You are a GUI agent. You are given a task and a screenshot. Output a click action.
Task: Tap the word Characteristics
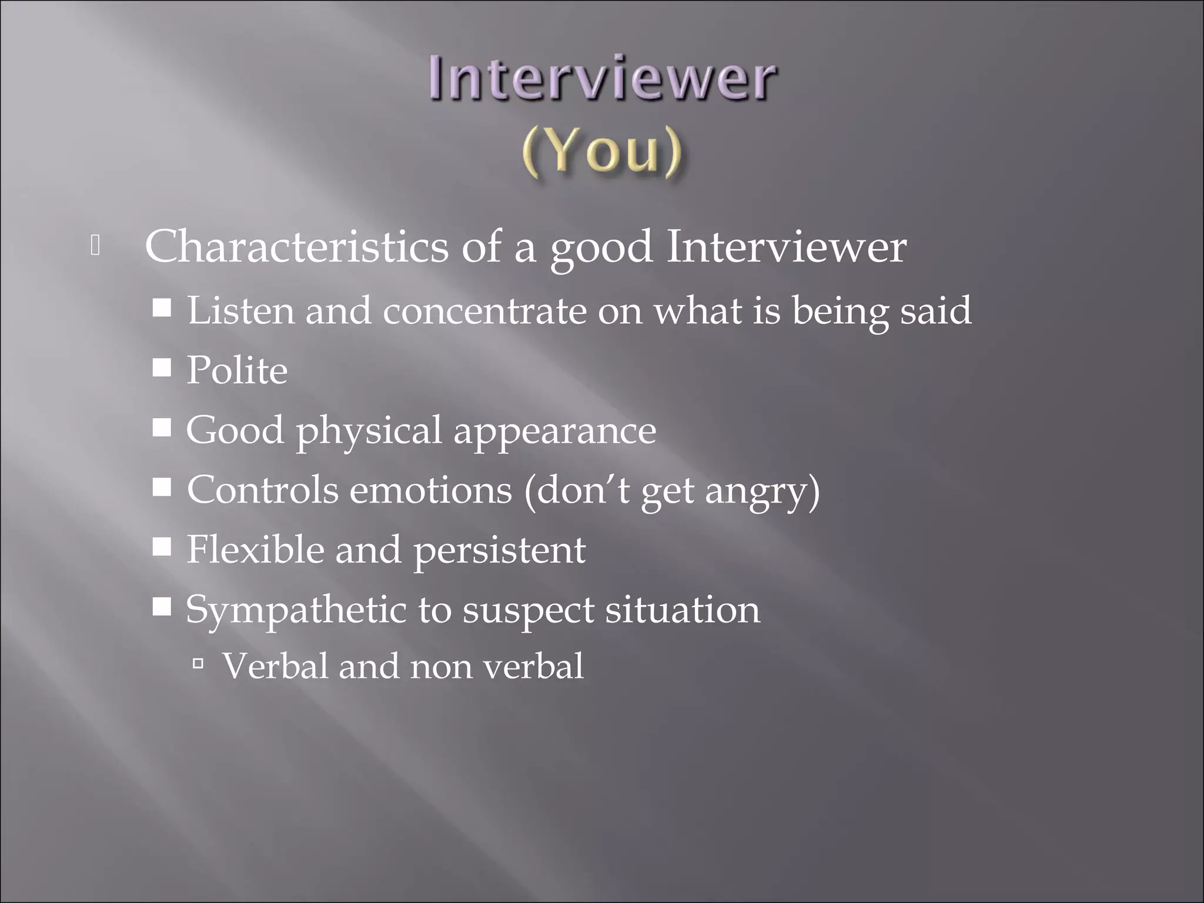pyautogui.click(x=296, y=247)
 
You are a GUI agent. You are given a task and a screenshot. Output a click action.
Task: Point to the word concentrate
pyautogui.click(x=484, y=311)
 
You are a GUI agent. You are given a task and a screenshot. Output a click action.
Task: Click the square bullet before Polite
pyautogui.click(x=162, y=369)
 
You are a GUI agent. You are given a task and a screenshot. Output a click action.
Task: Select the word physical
pyautogui.click(x=369, y=432)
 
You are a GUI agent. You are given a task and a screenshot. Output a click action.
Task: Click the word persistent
pyautogui.click(x=499, y=551)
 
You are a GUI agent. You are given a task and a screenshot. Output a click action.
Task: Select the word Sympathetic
pyautogui.click(x=296, y=610)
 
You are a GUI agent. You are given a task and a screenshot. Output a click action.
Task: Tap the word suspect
pyautogui.click(x=528, y=611)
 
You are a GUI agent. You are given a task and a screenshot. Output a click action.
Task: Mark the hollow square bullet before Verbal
pyautogui.click(x=198, y=664)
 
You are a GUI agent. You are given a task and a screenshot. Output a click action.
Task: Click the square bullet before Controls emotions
pyautogui.click(x=162, y=487)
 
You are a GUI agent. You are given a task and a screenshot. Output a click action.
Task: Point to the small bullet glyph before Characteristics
pyautogui.click(x=95, y=246)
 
